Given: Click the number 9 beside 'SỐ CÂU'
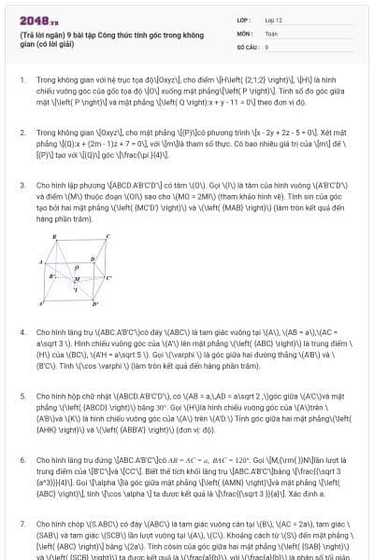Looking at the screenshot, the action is coord(266,46).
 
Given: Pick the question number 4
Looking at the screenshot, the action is coord(22,330).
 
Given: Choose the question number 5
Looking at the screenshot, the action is coord(22,383).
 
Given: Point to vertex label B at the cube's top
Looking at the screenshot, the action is coord(55,237).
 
